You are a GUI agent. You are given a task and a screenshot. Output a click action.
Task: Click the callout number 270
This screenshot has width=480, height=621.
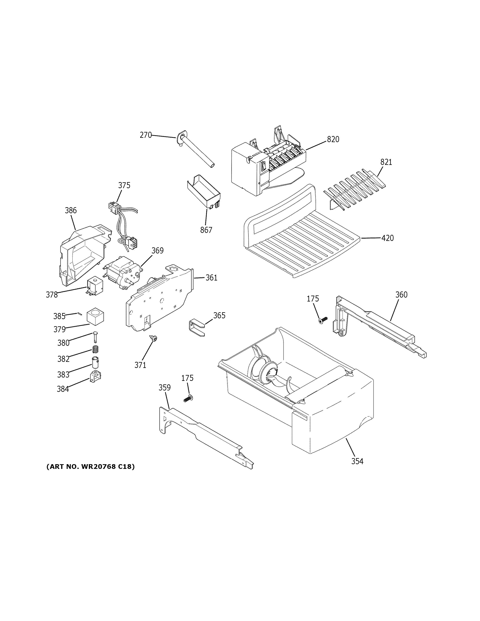(x=146, y=135)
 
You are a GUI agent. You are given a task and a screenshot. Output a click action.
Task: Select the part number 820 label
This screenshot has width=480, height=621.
(x=333, y=139)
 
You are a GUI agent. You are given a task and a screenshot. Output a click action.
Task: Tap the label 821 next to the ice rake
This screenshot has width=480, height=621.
(x=386, y=162)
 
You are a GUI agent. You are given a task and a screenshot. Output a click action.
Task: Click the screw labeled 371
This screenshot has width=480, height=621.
(x=154, y=338)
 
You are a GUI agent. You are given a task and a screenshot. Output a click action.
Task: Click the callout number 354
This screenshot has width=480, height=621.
(x=357, y=461)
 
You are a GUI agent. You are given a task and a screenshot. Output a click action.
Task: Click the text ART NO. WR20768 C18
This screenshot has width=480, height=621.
(x=90, y=467)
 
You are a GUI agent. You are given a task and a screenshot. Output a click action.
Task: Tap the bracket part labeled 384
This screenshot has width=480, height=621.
(x=96, y=377)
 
